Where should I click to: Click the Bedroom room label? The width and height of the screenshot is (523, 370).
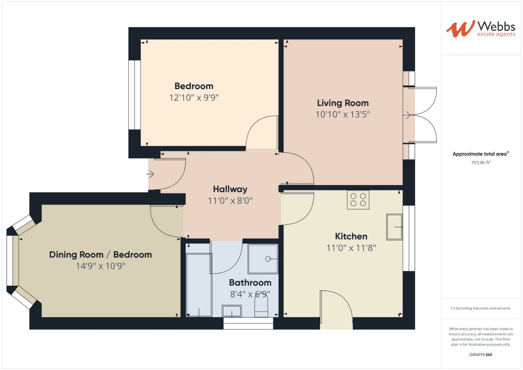tap(194, 86)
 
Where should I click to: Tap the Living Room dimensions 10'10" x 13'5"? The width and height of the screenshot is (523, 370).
tap(343, 114)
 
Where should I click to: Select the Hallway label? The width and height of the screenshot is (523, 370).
tap(230, 189)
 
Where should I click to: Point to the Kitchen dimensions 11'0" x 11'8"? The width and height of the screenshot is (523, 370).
tap(351, 248)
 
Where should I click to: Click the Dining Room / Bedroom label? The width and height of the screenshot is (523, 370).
tap(100, 255)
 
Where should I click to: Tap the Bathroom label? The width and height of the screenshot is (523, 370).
tap(250, 283)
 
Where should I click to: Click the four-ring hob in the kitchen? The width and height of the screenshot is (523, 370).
tap(358, 200)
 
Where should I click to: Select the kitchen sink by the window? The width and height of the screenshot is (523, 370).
tap(394, 227)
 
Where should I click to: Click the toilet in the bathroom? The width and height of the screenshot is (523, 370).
tap(261, 307)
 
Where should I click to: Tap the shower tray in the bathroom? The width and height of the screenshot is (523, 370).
tap(263, 259)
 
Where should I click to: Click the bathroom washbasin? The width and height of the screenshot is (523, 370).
tap(232, 311)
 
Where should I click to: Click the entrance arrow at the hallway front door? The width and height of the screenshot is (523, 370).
tap(150, 174)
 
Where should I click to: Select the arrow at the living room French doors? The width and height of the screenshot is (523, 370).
tap(408, 115)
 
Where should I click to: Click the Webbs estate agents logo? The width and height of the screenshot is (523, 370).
tap(481, 29)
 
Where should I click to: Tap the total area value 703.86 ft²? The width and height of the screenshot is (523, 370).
tap(481, 163)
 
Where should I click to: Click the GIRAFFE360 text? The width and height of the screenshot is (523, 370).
tap(481, 355)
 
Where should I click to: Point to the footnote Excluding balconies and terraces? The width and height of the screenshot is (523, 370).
tap(481, 308)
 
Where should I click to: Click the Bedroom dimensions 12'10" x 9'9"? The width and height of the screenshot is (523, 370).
tap(194, 98)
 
